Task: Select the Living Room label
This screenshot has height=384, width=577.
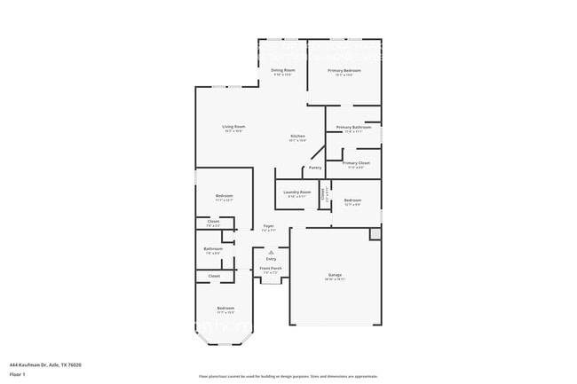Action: tap(233, 126)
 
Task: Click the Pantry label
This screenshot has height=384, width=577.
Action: tap(314, 168)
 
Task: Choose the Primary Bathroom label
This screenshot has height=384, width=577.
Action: tap(353, 127)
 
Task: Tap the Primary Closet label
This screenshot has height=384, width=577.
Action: tap(356, 163)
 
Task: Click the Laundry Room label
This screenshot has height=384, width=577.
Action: tap(296, 192)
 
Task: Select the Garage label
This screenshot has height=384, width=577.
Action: tap(335, 275)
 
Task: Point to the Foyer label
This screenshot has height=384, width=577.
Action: tap(268, 226)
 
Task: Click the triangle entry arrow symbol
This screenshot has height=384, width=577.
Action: tap(271, 252)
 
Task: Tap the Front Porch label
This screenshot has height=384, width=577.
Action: tap(271, 268)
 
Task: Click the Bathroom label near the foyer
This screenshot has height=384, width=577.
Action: tap(213, 249)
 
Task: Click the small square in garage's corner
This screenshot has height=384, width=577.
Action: tap(375, 233)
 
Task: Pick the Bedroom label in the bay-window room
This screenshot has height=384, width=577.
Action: tap(225, 309)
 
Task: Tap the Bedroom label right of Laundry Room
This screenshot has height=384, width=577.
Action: tap(352, 200)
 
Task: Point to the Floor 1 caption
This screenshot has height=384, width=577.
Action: tap(18, 375)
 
